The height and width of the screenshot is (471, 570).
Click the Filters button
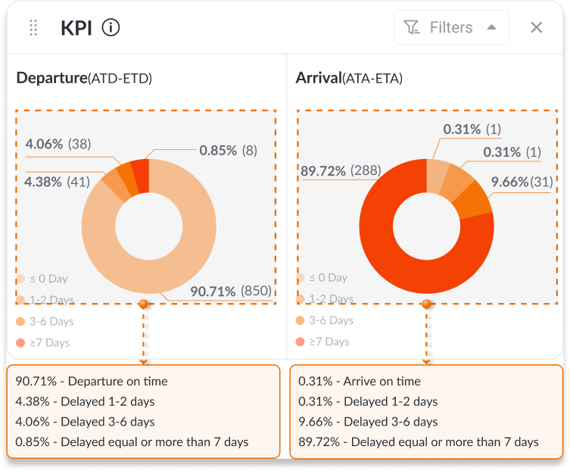click(451, 28)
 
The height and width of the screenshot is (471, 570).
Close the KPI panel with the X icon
click(536, 28)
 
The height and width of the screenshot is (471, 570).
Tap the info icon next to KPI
click(111, 28)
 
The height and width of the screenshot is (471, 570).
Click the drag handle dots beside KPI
click(33, 28)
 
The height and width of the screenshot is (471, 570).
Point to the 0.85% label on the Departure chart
click(228, 150)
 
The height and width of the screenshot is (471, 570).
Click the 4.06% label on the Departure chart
click(57, 144)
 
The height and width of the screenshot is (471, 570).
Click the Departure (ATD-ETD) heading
click(84, 78)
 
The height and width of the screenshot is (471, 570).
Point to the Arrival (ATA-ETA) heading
click(349, 78)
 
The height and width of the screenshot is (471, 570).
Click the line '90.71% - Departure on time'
click(92, 382)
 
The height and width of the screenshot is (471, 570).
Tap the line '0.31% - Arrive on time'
click(360, 382)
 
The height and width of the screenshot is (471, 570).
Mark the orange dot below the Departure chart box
click(143, 304)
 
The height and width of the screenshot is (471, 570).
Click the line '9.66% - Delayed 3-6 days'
click(368, 422)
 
